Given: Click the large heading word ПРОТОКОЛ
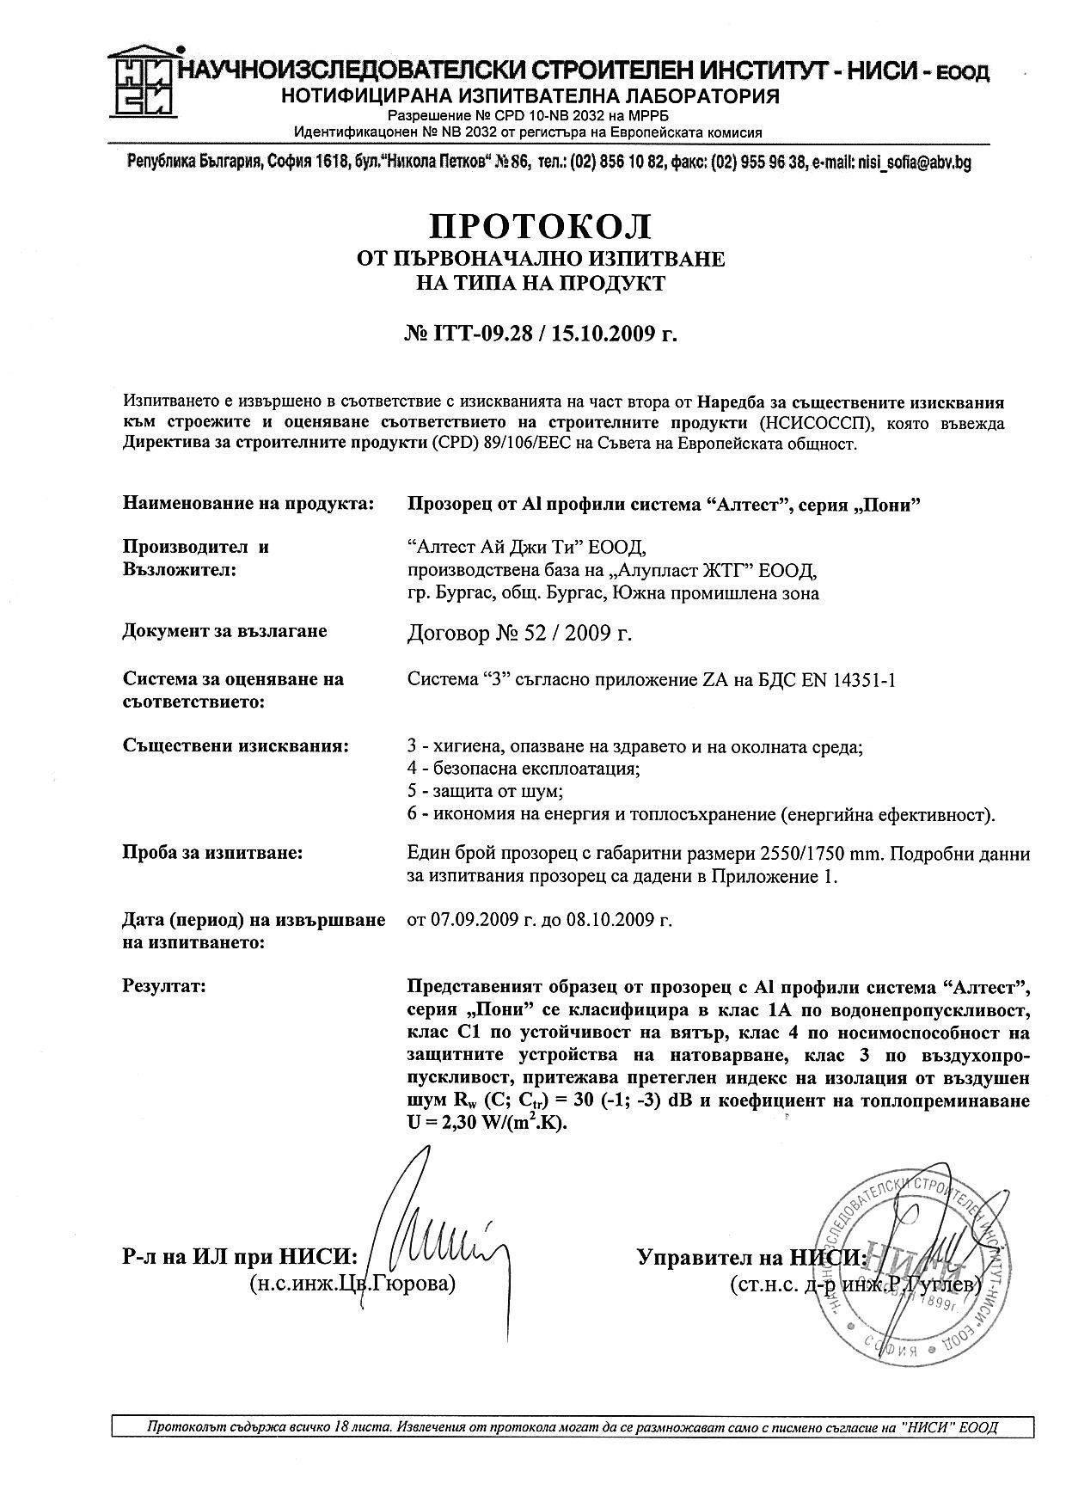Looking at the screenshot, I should pyautogui.click(x=540, y=226).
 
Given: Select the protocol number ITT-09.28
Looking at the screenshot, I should pyautogui.click(x=478, y=334).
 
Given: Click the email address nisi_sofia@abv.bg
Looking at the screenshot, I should pyautogui.click(x=914, y=162).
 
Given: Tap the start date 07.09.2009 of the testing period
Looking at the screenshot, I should pyautogui.click(x=474, y=920).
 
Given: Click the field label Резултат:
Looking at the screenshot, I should pyautogui.click(x=164, y=986).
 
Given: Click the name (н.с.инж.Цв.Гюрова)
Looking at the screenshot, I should pyautogui.click(x=351, y=1284).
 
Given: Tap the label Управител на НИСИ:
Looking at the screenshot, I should pyautogui.click(x=751, y=1258).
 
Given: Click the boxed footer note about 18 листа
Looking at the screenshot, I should pyautogui.click(x=573, y=1427).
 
